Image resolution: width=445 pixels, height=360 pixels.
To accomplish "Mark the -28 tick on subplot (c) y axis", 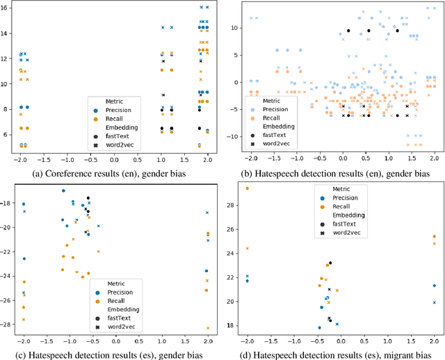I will click(8, 325).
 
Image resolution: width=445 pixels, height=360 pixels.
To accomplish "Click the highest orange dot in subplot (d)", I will click(247, 188).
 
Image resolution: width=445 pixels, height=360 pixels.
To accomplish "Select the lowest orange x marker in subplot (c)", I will click(207, 328).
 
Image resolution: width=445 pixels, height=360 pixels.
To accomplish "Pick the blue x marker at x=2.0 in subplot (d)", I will click(435, 302).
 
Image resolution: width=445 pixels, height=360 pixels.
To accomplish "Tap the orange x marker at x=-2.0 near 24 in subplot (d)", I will click(247, 249).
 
